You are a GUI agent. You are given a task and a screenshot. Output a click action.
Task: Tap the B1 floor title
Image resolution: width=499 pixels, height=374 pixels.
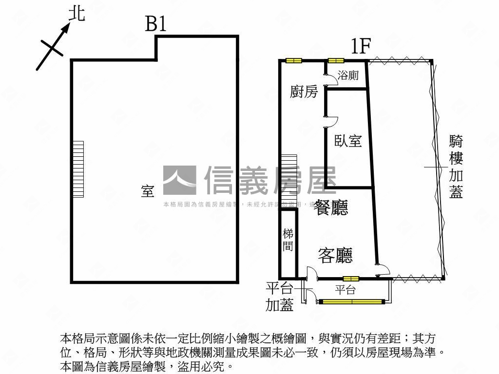(156, 24)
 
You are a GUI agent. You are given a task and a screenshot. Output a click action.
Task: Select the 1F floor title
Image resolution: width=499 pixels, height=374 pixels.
(361, 47)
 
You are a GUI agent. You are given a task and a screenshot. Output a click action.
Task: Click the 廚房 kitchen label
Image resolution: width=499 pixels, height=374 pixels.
(304, 91)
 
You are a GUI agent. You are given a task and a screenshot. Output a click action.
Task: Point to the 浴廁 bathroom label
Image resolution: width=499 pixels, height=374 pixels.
(348, 75)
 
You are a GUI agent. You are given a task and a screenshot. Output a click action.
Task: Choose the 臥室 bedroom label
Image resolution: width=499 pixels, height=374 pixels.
(348, 141)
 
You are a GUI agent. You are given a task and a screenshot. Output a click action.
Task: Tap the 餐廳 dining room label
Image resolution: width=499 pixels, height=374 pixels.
(331, 208)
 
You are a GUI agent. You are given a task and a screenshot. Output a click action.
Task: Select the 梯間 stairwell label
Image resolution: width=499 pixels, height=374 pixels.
(288, 240)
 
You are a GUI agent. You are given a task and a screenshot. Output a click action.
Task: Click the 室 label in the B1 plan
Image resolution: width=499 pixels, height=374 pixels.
(148, 191)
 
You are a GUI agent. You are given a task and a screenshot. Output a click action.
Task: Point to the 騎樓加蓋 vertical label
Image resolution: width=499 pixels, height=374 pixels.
(456, 167)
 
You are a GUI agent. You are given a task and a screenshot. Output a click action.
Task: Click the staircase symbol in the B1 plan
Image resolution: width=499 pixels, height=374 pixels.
(78, 168)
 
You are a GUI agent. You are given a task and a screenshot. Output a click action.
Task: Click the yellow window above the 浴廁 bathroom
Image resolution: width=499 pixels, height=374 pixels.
(336, 60)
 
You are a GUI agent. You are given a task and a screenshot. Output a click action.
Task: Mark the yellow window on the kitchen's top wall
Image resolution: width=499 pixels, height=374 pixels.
(293, 60)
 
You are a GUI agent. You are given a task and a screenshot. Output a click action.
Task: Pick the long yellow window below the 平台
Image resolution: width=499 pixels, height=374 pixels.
(351, 302)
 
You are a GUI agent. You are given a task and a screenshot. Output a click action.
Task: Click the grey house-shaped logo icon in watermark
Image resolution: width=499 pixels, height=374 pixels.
(180, 180)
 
